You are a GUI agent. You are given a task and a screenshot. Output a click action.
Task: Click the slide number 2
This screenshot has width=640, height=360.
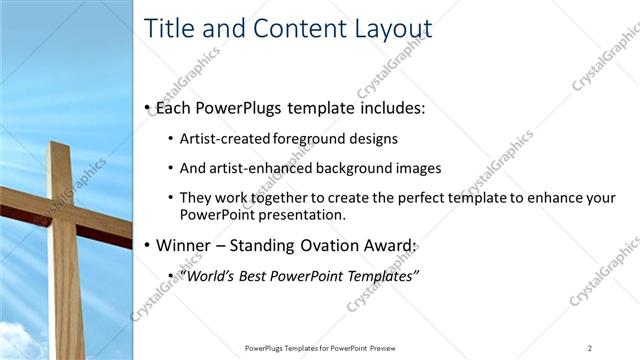(590, 347)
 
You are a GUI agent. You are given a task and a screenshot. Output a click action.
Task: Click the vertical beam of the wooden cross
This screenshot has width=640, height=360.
(63, 280)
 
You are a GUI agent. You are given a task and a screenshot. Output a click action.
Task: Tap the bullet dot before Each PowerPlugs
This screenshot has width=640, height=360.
(148, 106)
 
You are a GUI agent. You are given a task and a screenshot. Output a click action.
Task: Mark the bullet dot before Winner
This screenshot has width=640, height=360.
(148, 244)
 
